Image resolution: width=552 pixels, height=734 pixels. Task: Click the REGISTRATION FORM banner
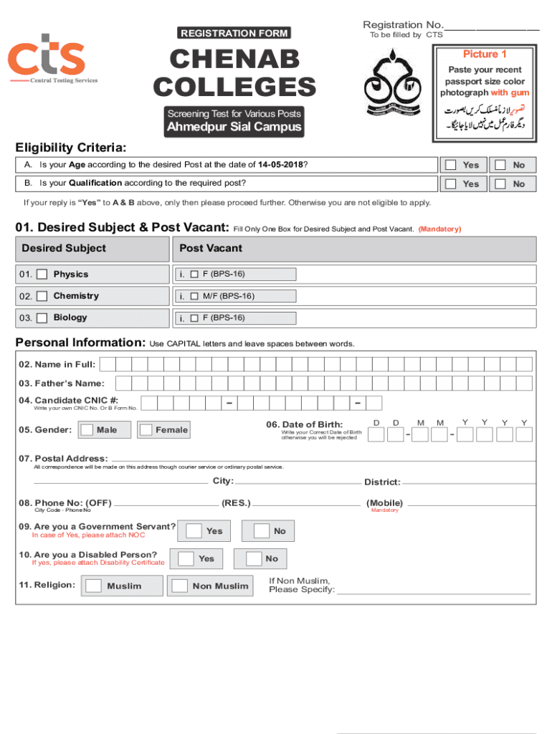(x=235, y=33)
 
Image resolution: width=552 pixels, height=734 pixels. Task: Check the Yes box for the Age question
(x=451, y=165)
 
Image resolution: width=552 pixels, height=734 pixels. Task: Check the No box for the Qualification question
(x=500, y=184)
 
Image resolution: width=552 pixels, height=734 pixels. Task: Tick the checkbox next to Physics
(x=42, y=275)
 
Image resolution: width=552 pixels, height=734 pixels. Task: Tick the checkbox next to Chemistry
(x=42, y=296)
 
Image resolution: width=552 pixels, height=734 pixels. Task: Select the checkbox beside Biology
(x=42, y=318)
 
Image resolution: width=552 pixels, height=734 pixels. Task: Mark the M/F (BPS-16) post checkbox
(x=194, y=296)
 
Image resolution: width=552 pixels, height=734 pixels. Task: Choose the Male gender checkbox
(x=87, y=430)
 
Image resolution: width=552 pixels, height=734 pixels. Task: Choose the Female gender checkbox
(x=146, y=430)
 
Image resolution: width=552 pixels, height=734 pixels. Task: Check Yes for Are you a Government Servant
(x=194, y=531)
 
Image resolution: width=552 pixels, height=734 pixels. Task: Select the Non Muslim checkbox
(x=179, y=586)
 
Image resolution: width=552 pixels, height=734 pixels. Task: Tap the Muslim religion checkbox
(x=93, y=586)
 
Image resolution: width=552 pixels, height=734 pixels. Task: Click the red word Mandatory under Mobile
(x=384, y=510)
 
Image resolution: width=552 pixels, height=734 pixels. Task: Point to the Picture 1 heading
(x=485, y=54)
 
